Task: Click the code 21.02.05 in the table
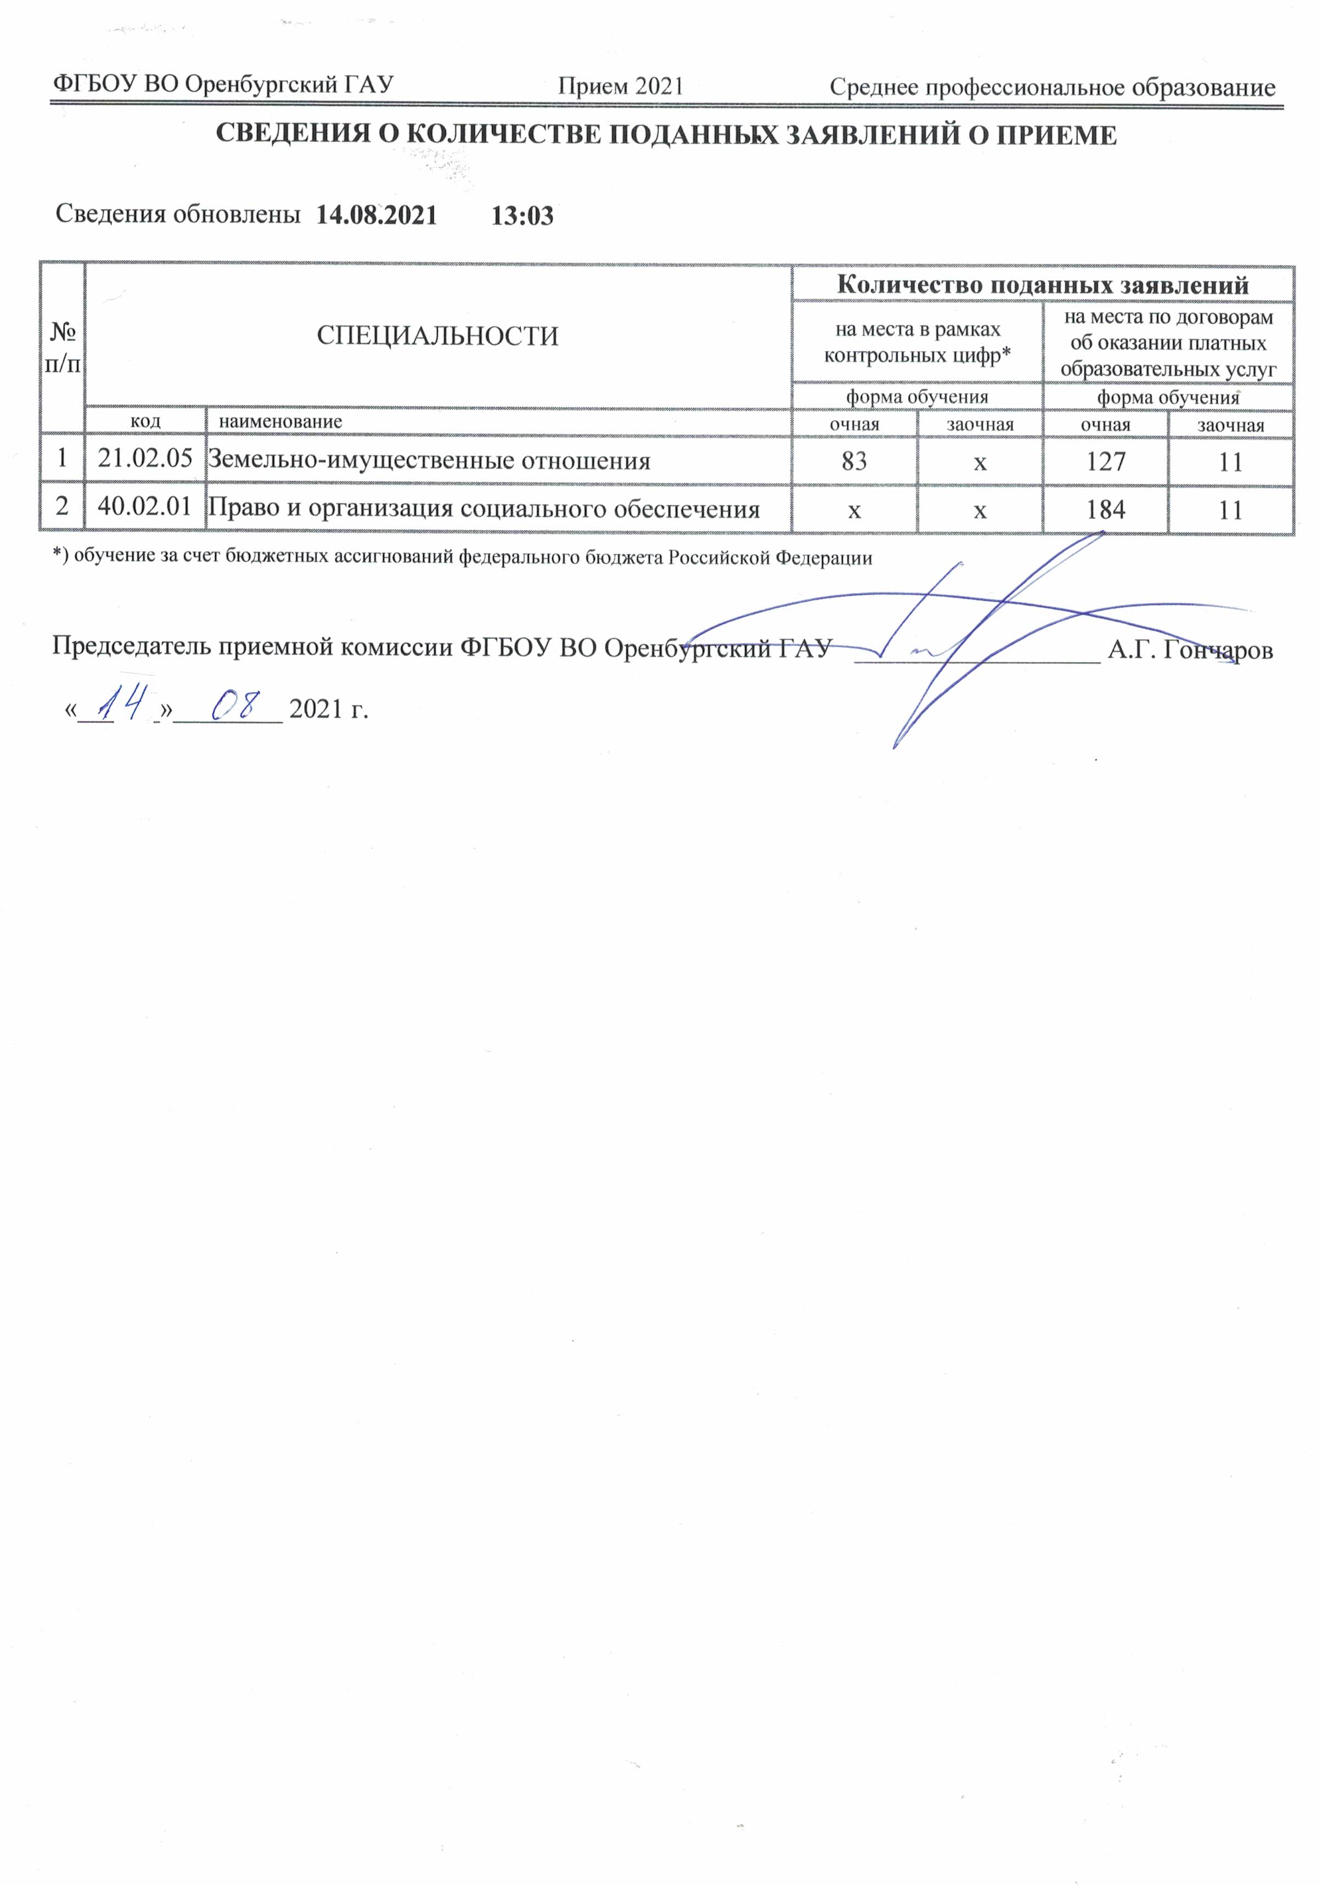pos(144,458)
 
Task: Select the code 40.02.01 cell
pos(144,506)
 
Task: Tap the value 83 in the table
pos(854,461)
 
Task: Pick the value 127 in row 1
pos(1105,461)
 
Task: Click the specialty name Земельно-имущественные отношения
pos(429,461)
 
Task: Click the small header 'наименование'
pos(280,422)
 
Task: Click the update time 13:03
pos(522,216)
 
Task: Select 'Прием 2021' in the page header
pos(621,86)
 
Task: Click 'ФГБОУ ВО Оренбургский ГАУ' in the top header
pos(223,84)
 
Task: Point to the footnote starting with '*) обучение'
pos(462,557)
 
